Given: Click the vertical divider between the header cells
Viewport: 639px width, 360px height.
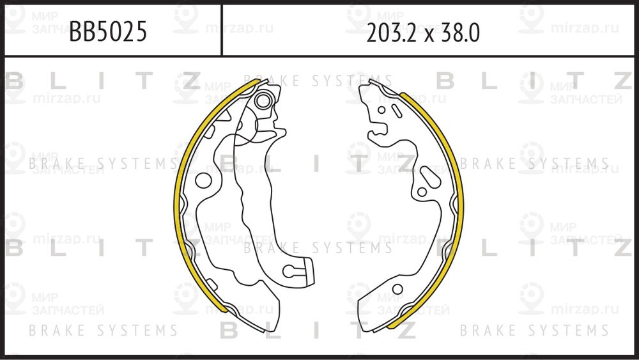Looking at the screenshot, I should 222,29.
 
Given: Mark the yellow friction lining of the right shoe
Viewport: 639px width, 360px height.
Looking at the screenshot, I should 459,205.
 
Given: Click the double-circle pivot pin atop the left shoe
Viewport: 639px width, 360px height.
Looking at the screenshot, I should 263,100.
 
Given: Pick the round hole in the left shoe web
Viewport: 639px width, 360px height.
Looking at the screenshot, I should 203,180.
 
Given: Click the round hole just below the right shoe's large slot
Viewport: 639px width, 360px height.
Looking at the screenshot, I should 421,192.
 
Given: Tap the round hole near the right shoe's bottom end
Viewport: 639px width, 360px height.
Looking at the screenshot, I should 397,289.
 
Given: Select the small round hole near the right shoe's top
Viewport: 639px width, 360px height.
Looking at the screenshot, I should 381,109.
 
